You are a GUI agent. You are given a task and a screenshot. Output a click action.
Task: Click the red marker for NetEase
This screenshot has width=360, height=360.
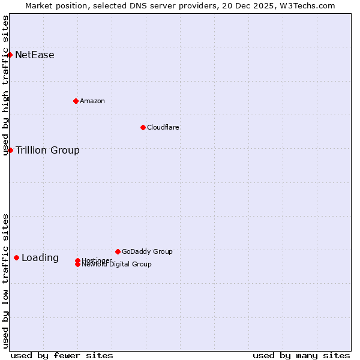tap(10, 55)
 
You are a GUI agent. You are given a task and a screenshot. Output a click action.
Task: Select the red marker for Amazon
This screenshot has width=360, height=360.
tap(76, 101)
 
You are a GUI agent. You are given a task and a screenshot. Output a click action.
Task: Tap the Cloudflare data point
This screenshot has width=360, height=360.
tap(143, 127)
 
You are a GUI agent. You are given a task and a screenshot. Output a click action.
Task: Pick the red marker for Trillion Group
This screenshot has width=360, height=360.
tap(10, 150)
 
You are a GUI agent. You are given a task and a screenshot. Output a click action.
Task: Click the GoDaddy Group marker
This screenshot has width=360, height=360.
tap(118, 251)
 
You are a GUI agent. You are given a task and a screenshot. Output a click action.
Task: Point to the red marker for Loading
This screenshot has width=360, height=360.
tap(16, 258)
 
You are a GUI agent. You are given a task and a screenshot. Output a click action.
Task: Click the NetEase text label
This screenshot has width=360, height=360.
tap(35, 55)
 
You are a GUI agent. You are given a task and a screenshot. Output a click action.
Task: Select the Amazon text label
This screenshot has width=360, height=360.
tap(92, 101)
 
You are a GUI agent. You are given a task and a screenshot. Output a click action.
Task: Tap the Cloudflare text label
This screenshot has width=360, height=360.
tap(163, 127)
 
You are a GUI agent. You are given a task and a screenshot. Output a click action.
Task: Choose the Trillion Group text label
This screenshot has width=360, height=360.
tap(47, 150)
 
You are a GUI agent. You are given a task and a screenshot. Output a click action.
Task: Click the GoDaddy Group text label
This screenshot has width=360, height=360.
tap(147, 251)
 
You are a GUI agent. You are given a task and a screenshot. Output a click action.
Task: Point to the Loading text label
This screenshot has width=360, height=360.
tap(40, 258)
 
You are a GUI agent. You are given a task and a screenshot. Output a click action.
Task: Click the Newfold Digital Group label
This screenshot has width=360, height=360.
tap(117, 264)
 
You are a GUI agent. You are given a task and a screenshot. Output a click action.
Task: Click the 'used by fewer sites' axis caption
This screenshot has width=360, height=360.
tap(62, 355)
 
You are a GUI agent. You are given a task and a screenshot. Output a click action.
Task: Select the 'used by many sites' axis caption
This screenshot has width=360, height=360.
tap(301, 355)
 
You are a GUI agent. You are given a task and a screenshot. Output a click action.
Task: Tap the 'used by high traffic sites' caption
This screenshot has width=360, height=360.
tap(5, 85)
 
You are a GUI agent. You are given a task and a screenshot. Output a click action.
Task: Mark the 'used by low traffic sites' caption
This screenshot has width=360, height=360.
tap(5, 281)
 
